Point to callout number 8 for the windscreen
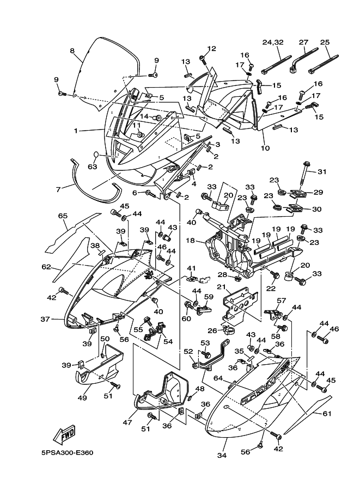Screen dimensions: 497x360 pyautogui.click(x=72, y=51)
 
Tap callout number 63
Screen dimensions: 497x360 pyautogui.click(x=93, y=167)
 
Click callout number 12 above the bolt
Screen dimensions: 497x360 pyautogui.click(x=211, y=48)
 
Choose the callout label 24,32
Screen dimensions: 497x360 pyautogui.click(x=273, y=42)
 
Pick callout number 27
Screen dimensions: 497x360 pyautogui.click(x=303, y=42)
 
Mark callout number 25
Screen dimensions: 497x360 pyautogui.click(x=325, y=42)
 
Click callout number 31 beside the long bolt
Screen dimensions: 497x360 pyautogui.click(x=322, y=172)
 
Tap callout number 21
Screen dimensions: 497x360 pyautogui.click(x=221, y=287)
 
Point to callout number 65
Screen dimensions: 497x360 pyautogui.click(x=63, y=216)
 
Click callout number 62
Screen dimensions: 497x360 pyautogui.click(x=46, y=267)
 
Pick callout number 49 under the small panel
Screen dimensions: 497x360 pyautogui.click(x=82, y=398)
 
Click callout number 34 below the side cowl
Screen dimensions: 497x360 pyautogui.click(x=221, y=455)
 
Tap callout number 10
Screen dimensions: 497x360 pyautogui.click(x=266, y=148)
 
